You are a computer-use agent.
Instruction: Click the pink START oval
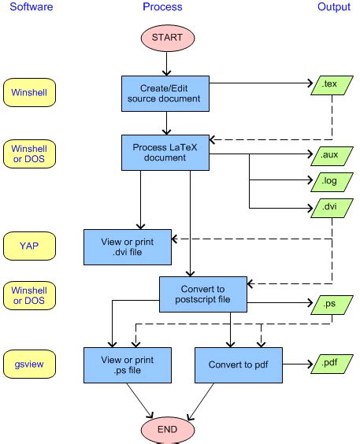(166, 38)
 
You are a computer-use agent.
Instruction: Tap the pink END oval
(166, 429)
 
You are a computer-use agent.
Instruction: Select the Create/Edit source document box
(166, 93)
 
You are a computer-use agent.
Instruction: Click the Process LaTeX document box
(166, 152)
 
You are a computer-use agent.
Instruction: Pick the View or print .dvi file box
(128, 246)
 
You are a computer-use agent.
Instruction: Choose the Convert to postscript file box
(204, 294)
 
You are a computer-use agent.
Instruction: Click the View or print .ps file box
(128, 364)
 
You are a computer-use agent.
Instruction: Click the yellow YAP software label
(29, 246)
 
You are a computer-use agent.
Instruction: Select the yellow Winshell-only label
(29, 91)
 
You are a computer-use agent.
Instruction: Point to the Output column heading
(333, 7)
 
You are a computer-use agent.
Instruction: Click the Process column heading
(162, 7)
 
